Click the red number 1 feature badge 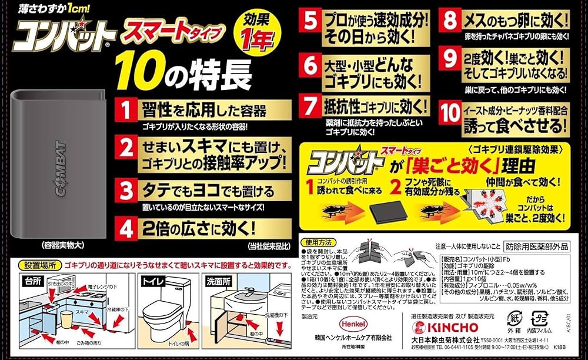coord(125,110)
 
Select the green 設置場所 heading coord(39,266)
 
